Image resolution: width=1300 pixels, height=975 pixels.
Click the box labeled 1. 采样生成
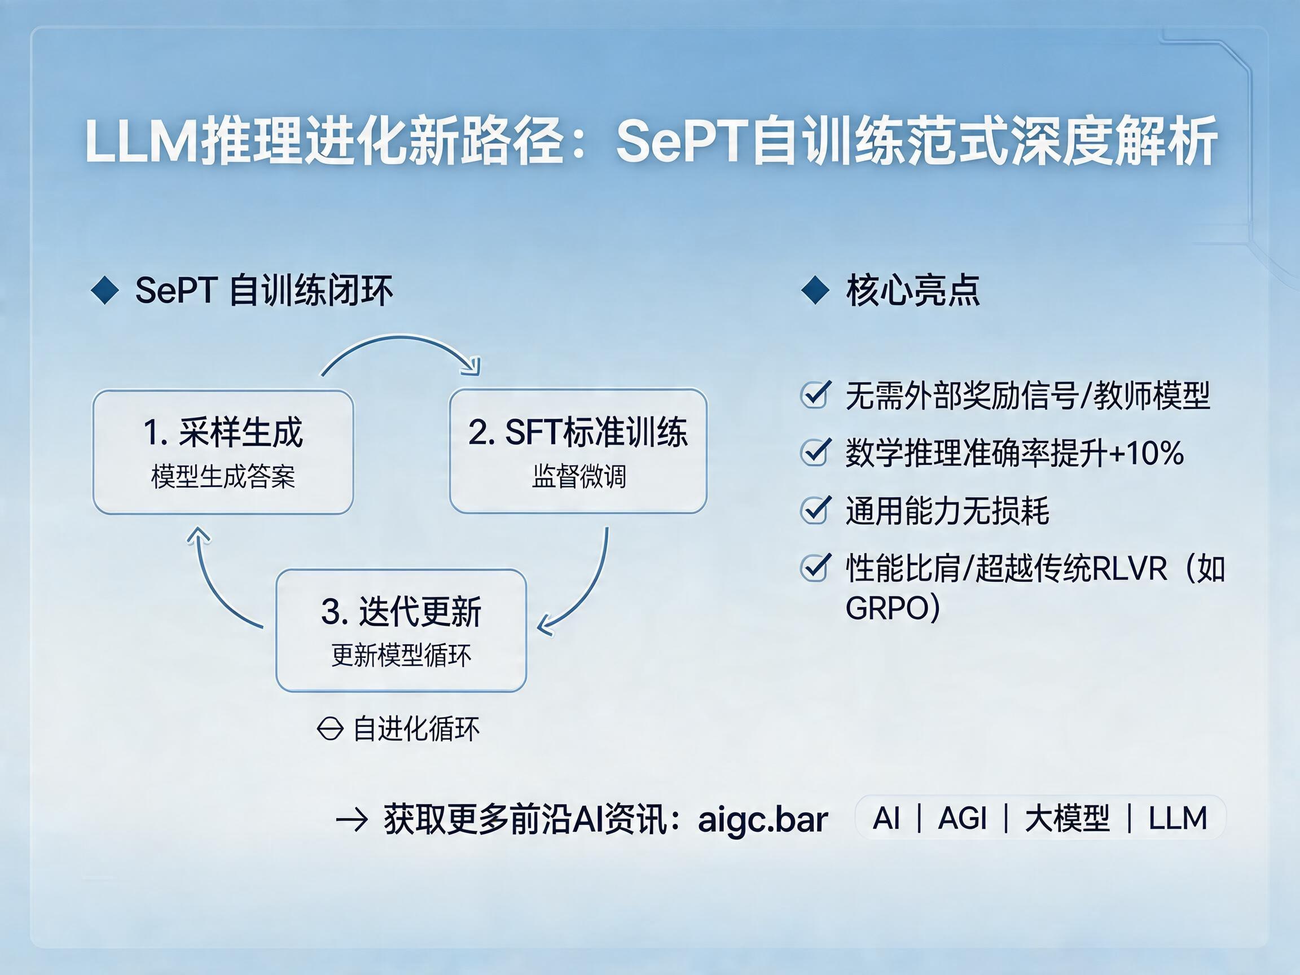tap(223, 452)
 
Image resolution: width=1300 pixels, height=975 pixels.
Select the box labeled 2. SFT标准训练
tap(578, 451)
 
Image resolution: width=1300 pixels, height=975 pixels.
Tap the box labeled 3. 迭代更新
tap(401, 630)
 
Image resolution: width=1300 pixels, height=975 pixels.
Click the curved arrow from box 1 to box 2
tap(399, 337)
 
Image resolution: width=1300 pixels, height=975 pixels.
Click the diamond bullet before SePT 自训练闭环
tap(105, 291)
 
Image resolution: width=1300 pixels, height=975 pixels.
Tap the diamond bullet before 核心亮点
tap(816, 291)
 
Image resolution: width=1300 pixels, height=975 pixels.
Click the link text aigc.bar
tap(763, 819)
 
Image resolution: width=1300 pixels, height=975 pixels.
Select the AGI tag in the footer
tap(962, 818)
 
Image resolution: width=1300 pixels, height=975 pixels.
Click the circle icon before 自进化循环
tap(330, 730)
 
